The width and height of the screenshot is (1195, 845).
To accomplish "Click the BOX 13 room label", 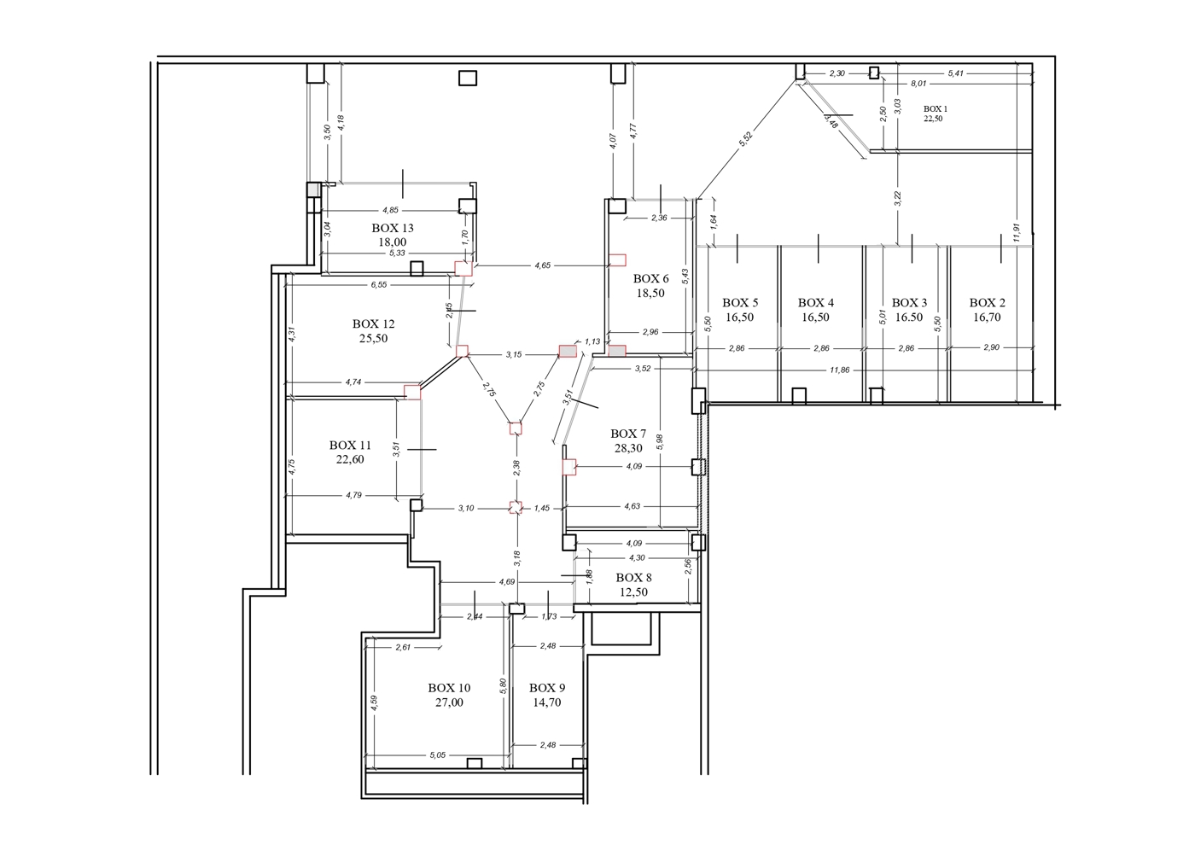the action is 393,229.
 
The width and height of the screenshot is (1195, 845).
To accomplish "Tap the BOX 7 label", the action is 628,434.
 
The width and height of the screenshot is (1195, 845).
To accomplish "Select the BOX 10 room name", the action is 449,688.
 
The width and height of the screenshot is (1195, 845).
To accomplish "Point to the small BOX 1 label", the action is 936,109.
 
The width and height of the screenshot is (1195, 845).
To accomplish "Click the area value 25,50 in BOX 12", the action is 374,338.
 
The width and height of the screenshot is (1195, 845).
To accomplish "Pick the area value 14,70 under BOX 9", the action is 547,702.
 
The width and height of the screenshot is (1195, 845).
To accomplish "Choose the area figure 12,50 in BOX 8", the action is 633,592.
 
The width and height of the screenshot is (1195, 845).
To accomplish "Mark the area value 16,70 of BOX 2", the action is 987,318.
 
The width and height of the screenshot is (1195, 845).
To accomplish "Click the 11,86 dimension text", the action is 840,370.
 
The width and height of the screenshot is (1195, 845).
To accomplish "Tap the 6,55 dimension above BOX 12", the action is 379,285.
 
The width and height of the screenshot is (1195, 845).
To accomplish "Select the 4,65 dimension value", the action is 543,265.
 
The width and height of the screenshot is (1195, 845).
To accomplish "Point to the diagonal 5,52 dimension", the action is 745,138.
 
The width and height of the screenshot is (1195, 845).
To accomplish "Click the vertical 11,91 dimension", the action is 1017,232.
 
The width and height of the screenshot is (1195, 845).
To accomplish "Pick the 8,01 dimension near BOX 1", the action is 918,84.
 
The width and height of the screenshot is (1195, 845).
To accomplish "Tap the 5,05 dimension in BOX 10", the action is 437,755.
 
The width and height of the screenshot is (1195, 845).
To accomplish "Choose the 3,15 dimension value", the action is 514,355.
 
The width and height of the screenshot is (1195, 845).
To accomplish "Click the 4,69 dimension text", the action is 507,582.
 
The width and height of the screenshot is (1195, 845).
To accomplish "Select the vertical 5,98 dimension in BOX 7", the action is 659,442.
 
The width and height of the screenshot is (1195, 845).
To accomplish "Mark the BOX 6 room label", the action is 650,278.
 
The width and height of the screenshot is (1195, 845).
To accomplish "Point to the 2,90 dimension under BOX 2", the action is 991,348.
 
